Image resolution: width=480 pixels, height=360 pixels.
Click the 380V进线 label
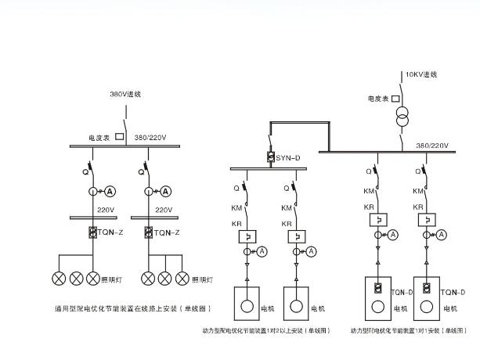[128, 94]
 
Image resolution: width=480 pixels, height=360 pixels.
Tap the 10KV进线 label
[420, 74]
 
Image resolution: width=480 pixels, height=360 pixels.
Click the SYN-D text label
[287, 158]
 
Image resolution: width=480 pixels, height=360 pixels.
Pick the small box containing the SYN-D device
[270, 158]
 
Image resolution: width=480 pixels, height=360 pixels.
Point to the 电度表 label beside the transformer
[380, 99]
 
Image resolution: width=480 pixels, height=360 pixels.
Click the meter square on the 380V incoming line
[120, 136]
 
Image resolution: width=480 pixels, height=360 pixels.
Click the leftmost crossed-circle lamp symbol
[60, 278]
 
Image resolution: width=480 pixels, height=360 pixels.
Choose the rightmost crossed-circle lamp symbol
[182, 278]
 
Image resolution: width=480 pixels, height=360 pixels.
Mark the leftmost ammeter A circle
[110, 191]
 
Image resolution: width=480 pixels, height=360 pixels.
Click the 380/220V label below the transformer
[432, 146]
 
